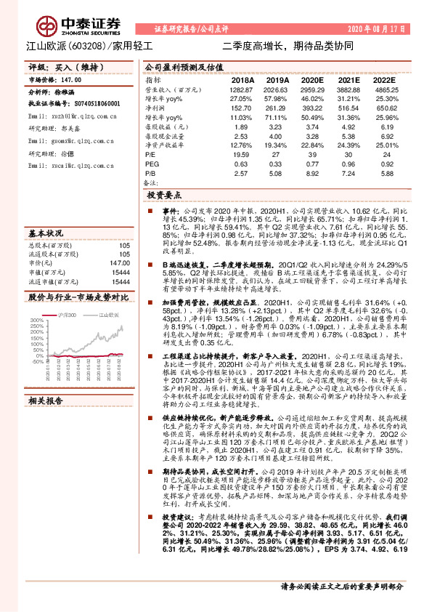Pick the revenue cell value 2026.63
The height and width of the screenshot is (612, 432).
click(x=277, y=88)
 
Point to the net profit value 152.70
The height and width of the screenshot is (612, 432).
click(x=240, y=107)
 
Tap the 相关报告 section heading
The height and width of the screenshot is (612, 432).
click(x=47, y=421)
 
